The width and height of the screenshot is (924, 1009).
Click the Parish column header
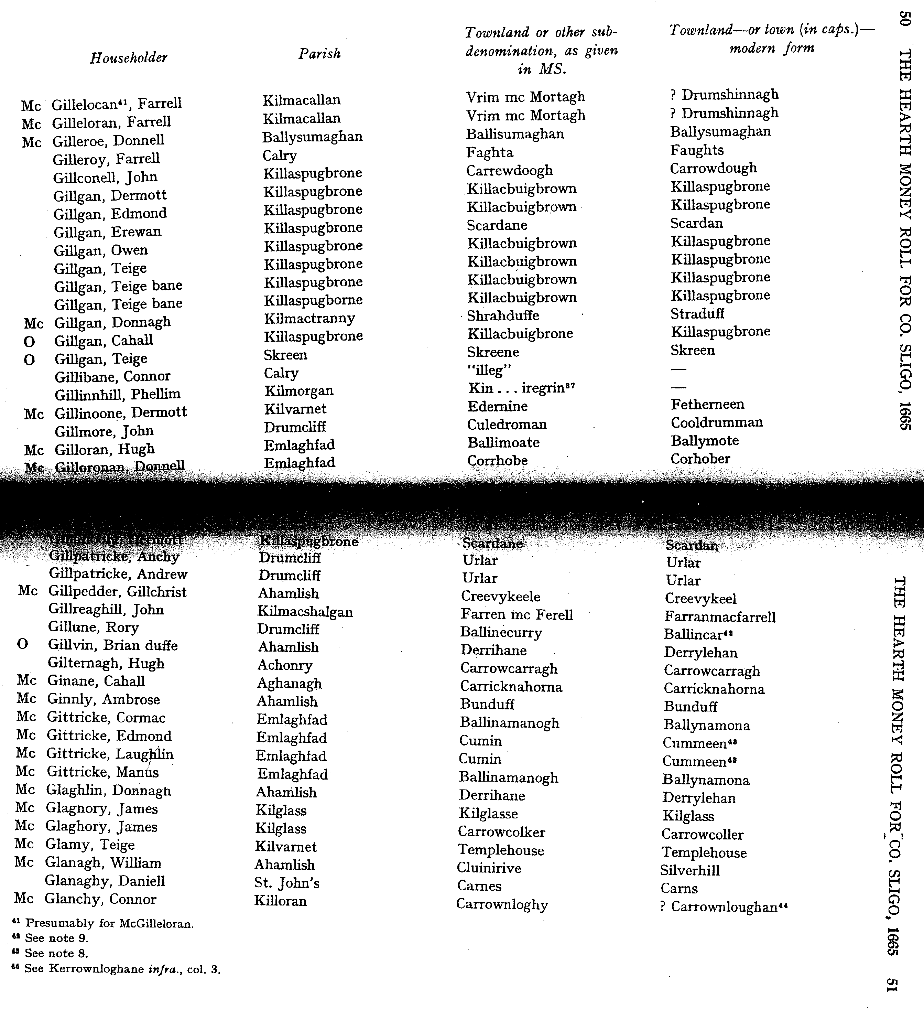[x=319, y=54]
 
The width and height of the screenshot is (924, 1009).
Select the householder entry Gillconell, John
[x=105, y=177]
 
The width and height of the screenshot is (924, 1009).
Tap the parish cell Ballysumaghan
[x=312, y=137]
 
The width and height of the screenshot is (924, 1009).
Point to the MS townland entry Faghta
[x=489, y=152]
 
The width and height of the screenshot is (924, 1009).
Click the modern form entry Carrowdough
[x=713, y=168]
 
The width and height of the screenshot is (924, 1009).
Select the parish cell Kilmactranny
[x=309, y=318]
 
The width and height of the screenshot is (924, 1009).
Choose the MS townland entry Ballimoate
[x=503, y=442]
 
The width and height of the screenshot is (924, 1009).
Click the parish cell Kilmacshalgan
[x=305, y=612]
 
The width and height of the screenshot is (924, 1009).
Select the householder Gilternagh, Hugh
[x=106, y=663]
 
